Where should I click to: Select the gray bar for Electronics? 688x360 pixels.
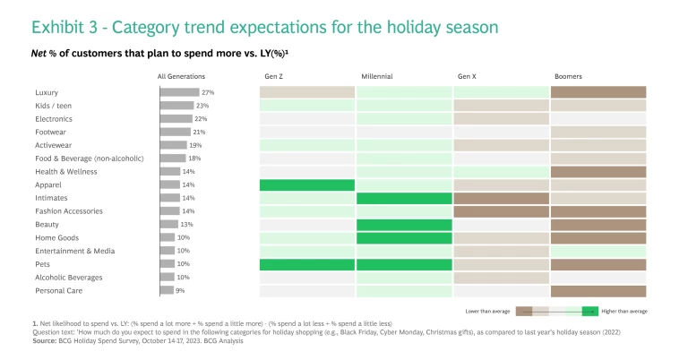176,118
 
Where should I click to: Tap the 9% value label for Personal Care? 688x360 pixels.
180,290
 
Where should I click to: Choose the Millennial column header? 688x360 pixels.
376,76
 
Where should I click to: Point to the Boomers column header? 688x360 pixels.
568,76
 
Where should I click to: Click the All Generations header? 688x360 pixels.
181,76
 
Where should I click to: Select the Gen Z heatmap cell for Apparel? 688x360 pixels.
307,184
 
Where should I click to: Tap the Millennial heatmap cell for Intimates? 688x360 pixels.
404,198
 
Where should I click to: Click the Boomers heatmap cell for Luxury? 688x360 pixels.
598,92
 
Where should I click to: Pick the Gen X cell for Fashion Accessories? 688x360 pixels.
501,211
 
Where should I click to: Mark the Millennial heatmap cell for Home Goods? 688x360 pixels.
404,237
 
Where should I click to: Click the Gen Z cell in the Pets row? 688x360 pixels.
307,264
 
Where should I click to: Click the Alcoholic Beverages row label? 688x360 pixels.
69,278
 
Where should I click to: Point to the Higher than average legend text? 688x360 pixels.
624,311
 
